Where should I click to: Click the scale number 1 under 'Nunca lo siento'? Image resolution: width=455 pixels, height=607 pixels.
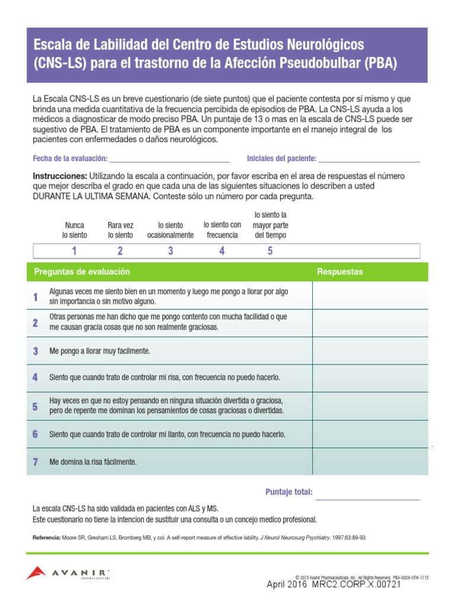pos(74,251)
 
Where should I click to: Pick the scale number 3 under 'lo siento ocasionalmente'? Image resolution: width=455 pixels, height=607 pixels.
pos(171,251)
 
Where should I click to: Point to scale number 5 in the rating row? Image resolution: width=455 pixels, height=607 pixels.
pos(270,251)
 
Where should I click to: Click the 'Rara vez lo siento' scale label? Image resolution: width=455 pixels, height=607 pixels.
pos(120,230)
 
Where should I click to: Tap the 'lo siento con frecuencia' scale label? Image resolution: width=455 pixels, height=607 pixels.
pos(222,229)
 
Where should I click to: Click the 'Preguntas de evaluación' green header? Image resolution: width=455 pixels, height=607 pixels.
pos(82,271)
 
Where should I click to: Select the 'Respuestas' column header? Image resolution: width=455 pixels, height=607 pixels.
pos(340,271)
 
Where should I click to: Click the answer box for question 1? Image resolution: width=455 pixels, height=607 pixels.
pos(370,296)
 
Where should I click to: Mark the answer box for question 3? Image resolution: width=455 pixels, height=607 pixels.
pos(370,351)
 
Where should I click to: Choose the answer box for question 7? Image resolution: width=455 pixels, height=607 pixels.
pos(370,462)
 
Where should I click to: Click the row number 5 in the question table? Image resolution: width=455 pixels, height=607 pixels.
pos(36,407)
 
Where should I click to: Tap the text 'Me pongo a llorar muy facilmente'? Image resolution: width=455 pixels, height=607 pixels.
pos(100,351)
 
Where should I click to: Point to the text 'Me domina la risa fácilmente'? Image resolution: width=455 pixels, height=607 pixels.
pos(93,462)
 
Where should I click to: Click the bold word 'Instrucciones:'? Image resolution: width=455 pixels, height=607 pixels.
pos(60,177)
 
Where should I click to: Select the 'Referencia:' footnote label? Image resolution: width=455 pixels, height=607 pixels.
pos(46,538)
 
